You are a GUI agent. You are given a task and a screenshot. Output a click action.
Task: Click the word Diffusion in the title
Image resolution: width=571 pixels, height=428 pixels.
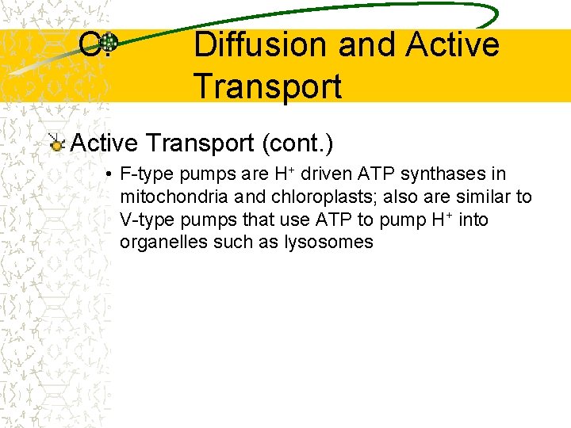coord(260,45)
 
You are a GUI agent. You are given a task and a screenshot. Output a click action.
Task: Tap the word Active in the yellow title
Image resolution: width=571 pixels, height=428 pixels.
coord(452,45)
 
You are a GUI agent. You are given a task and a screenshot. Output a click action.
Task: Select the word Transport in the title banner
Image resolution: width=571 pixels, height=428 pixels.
coord(267,86)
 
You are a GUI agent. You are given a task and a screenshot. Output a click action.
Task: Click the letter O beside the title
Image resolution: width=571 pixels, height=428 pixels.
coord(89,45)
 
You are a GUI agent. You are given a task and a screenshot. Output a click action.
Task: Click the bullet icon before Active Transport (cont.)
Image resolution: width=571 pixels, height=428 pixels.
coord(56,144)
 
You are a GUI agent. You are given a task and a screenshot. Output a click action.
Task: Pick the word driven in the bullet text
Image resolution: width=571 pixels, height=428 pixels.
coord(324,174)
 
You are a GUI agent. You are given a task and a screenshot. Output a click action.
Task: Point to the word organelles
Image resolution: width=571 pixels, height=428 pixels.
coord(163,243)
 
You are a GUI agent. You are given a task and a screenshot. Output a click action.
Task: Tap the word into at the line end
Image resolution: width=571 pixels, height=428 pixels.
coord(473,220)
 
